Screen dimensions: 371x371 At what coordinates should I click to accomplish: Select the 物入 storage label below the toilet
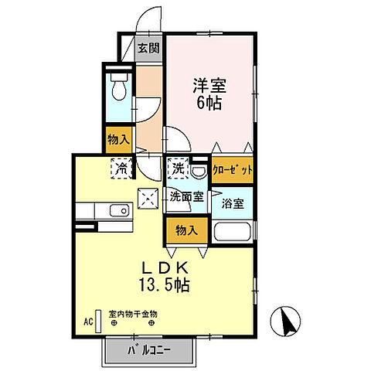[x=119, y=139]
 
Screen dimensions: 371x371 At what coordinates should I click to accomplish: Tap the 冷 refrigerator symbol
[x=122, y=165]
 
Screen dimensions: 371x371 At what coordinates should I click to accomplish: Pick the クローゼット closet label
[x=232, y=171]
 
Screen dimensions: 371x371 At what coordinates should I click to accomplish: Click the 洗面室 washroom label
[x=186, y=197]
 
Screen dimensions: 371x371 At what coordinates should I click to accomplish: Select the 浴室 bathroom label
[x=233, y=204]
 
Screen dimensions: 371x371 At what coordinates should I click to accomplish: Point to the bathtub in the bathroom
[x=233, y=232]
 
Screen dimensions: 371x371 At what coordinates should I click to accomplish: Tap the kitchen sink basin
[x=120, y=211]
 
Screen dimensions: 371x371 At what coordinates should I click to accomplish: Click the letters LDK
[x=164, y=267]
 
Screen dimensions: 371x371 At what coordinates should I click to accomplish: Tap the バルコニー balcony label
[x=148, y=351]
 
